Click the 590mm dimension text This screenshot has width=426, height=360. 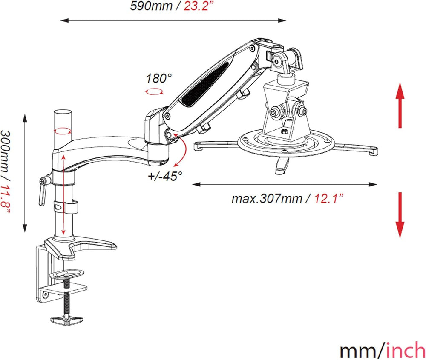coord(151,6)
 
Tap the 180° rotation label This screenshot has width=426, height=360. coord(159,79)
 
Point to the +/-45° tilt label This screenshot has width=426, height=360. coord(165,176)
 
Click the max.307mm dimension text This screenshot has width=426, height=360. coord(267,199)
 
